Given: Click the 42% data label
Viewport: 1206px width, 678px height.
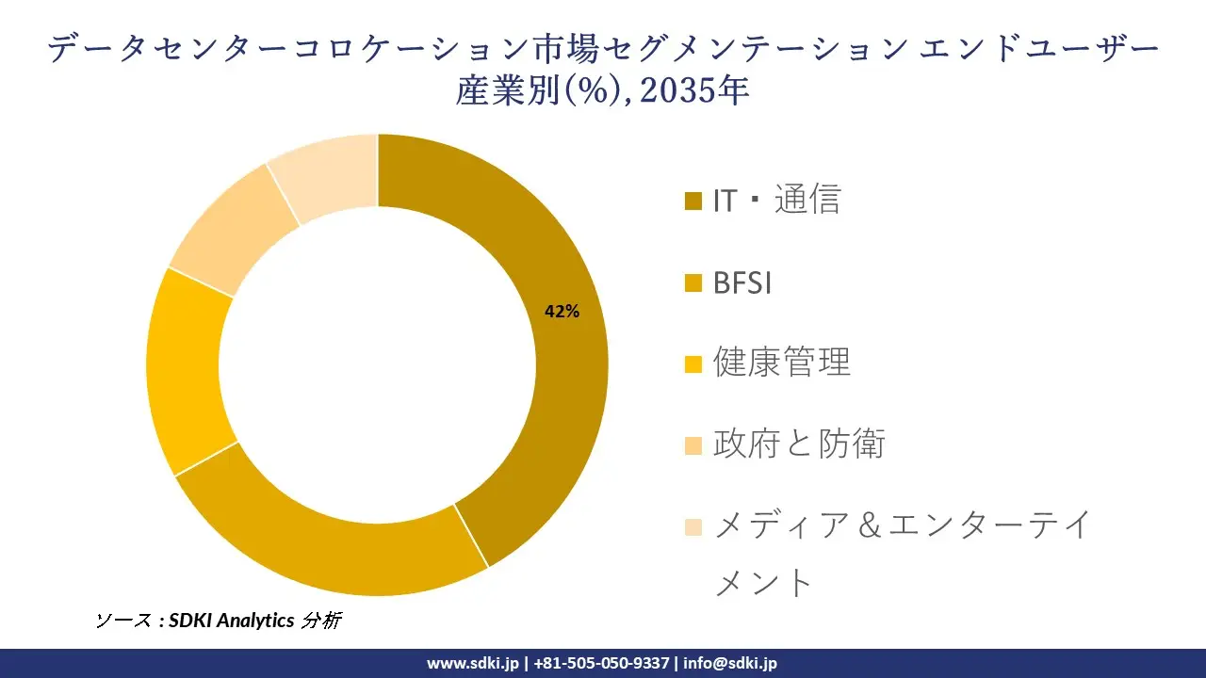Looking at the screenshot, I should [x=562, y=313].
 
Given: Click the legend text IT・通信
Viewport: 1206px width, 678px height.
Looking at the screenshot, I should [x=776, y=201].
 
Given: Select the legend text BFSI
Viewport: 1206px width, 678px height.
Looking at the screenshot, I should [x=742, y=282].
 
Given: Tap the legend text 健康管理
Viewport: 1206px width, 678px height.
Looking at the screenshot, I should [x=782, y=363].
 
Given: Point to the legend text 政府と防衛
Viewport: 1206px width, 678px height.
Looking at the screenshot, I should [x=799, y=444].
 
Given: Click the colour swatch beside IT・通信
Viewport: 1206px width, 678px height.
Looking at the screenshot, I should [x=693, y=202].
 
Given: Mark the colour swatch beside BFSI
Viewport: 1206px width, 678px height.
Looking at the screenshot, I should [x=693, y=283].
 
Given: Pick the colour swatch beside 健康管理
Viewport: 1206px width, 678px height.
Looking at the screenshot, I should [x=693, y=363].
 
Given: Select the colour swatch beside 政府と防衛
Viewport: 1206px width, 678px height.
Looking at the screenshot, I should [x=693, y=444].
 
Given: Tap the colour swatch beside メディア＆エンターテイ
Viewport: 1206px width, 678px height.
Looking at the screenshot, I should [x=693, y=525].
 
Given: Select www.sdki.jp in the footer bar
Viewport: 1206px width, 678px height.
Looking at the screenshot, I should [x=471, y=663].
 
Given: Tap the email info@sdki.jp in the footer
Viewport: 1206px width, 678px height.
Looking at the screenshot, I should [x=730, y=663].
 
